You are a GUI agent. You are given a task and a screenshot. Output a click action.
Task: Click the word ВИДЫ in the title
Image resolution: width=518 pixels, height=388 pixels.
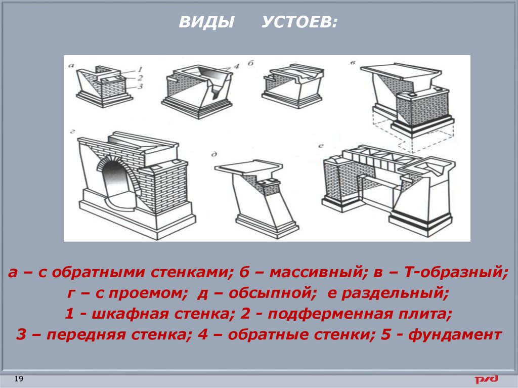coord(206,22)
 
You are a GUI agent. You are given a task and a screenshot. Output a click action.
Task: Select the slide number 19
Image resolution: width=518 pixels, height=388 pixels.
coord(19,378)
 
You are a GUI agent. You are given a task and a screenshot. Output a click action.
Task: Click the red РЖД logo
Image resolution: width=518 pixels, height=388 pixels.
coord(486,379)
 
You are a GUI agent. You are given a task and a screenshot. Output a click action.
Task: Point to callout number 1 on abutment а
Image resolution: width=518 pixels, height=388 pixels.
coord(140,69)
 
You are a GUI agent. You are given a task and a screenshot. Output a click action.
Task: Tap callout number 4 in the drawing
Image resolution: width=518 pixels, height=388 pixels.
coord(236,66)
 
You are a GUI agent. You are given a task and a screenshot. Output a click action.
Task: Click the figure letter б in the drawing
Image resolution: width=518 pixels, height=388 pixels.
coord(251,63)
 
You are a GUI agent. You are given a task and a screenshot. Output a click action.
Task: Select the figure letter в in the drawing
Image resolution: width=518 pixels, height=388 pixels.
coord(354,62)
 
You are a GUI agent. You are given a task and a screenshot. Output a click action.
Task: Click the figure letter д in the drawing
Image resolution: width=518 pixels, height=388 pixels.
coord(214,154)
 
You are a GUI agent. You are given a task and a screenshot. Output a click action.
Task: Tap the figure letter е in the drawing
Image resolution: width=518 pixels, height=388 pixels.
coord(320,145)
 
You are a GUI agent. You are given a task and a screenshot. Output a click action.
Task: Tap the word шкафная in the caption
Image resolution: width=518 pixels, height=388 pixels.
coord(130,314)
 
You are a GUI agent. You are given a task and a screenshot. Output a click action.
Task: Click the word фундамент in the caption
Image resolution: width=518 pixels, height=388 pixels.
coord(455,334)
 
